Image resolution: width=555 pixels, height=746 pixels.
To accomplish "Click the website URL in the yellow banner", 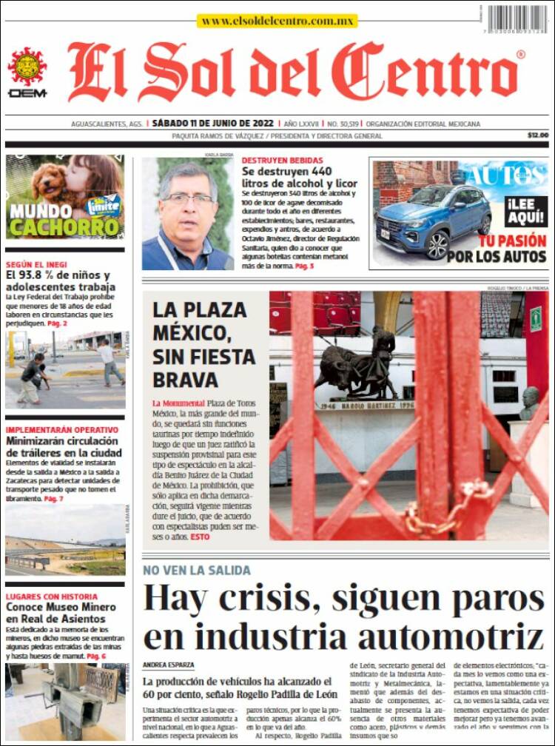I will tap(277, 21).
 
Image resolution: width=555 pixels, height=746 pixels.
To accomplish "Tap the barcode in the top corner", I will tap(517, 19).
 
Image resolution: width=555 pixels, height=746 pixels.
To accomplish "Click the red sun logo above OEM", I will tap(27, 66).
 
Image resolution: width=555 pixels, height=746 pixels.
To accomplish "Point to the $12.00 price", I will tap(538, 135).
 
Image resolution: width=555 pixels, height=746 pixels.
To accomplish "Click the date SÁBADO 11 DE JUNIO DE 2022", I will tap(212, 124).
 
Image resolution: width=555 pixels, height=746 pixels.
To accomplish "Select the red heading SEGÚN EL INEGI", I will tap(36, 264).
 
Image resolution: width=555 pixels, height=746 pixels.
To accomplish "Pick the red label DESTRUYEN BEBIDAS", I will tap(282, 160).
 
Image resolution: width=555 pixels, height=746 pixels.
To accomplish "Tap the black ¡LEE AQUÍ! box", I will tap(526, 212).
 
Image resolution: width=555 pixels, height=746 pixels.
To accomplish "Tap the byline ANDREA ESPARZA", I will tap(169, 665).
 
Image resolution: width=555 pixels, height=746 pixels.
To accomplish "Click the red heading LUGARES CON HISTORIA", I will tap(51, 597).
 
